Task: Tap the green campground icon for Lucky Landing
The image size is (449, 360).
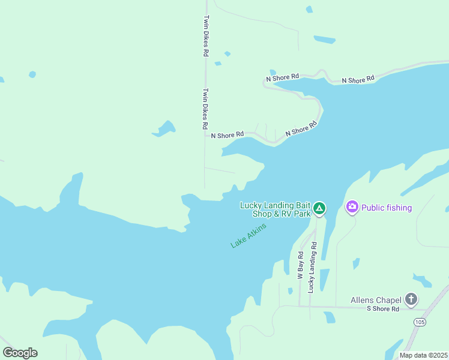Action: point(320,209)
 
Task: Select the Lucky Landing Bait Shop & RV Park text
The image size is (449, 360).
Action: point(276,209)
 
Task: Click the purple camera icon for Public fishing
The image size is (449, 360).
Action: point(352,208)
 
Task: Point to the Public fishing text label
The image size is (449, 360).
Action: point(387,208)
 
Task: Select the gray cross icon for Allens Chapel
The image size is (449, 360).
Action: point(411,299)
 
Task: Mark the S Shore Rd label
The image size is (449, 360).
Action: point(383,309)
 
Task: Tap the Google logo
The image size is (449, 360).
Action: point(20,353)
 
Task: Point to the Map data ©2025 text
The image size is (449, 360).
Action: point(423,355)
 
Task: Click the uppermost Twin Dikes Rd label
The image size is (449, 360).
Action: point(206,36)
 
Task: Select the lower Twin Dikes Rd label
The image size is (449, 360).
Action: point(205,109)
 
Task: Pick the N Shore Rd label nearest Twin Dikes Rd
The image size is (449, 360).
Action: point(227,135)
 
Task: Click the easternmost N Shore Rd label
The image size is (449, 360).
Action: point(358,79)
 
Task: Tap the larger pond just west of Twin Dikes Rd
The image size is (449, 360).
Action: point(164,128)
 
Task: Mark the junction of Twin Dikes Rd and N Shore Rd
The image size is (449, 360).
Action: point(205,135)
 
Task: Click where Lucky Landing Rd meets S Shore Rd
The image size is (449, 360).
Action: point(310,307)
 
